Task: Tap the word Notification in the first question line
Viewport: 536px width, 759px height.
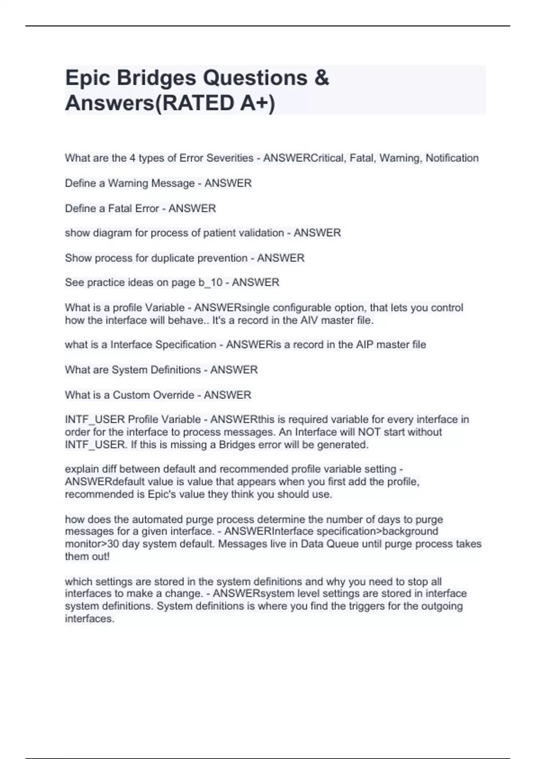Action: [452, 158]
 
